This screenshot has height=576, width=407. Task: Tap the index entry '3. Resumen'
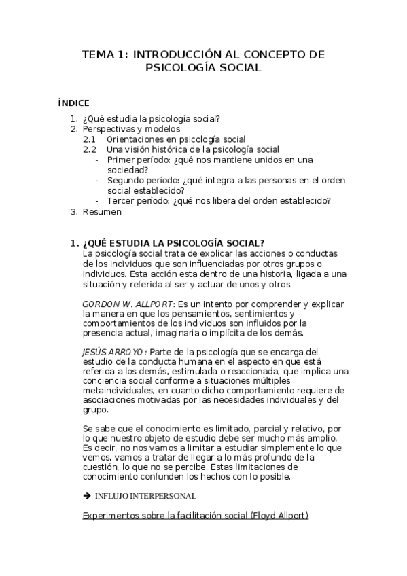(x=102, y=211)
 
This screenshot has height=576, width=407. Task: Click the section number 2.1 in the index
(x=90, y=139)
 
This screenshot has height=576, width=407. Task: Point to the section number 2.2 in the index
(x=90, y=149)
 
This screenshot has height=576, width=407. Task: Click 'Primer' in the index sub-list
(x=121, y=160)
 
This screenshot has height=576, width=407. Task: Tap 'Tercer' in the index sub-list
(x=120, y=200)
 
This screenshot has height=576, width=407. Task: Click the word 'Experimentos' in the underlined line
(x=112, y=516)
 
